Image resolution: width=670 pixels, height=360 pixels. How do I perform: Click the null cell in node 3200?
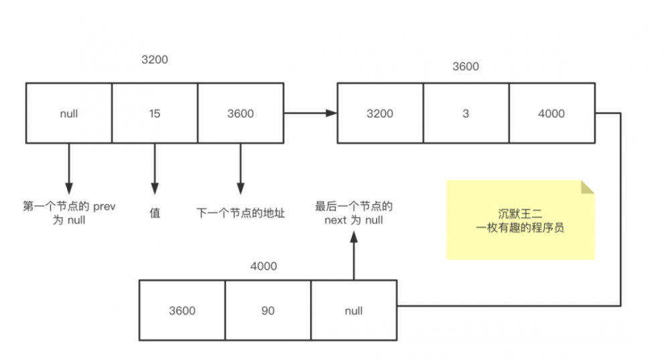click(68, 113)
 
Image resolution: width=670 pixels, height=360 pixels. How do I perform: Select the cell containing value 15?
click(155, 113)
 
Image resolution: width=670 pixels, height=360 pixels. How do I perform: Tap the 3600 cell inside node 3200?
click(241, 113)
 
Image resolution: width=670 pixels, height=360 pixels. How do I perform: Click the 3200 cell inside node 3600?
click(380, 113)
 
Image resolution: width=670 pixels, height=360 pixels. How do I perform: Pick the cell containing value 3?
click(466, 113)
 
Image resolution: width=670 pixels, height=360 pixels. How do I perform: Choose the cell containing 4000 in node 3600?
click(551, 113)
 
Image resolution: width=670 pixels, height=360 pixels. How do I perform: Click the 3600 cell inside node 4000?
click(182, 310)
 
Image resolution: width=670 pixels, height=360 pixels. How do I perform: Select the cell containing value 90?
click(268, 310)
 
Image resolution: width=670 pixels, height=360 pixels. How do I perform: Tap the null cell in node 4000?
click(353, 310)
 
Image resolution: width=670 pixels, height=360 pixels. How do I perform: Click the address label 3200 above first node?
click(155, 60)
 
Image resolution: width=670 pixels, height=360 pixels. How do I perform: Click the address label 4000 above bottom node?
click(263, 266)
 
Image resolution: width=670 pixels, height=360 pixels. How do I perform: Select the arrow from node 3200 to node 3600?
click(310, 113)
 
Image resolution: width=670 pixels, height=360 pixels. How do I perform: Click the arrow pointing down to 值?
click(155, 168)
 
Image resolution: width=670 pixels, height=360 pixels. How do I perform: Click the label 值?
click(155, 213)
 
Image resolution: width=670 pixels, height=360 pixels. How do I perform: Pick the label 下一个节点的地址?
click(241, 213)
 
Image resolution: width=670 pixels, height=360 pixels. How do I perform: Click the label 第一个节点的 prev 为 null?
click(68, 213)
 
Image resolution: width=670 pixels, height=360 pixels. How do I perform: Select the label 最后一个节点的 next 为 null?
click(353, 213)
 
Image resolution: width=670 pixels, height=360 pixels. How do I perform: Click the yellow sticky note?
click(521, 219)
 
